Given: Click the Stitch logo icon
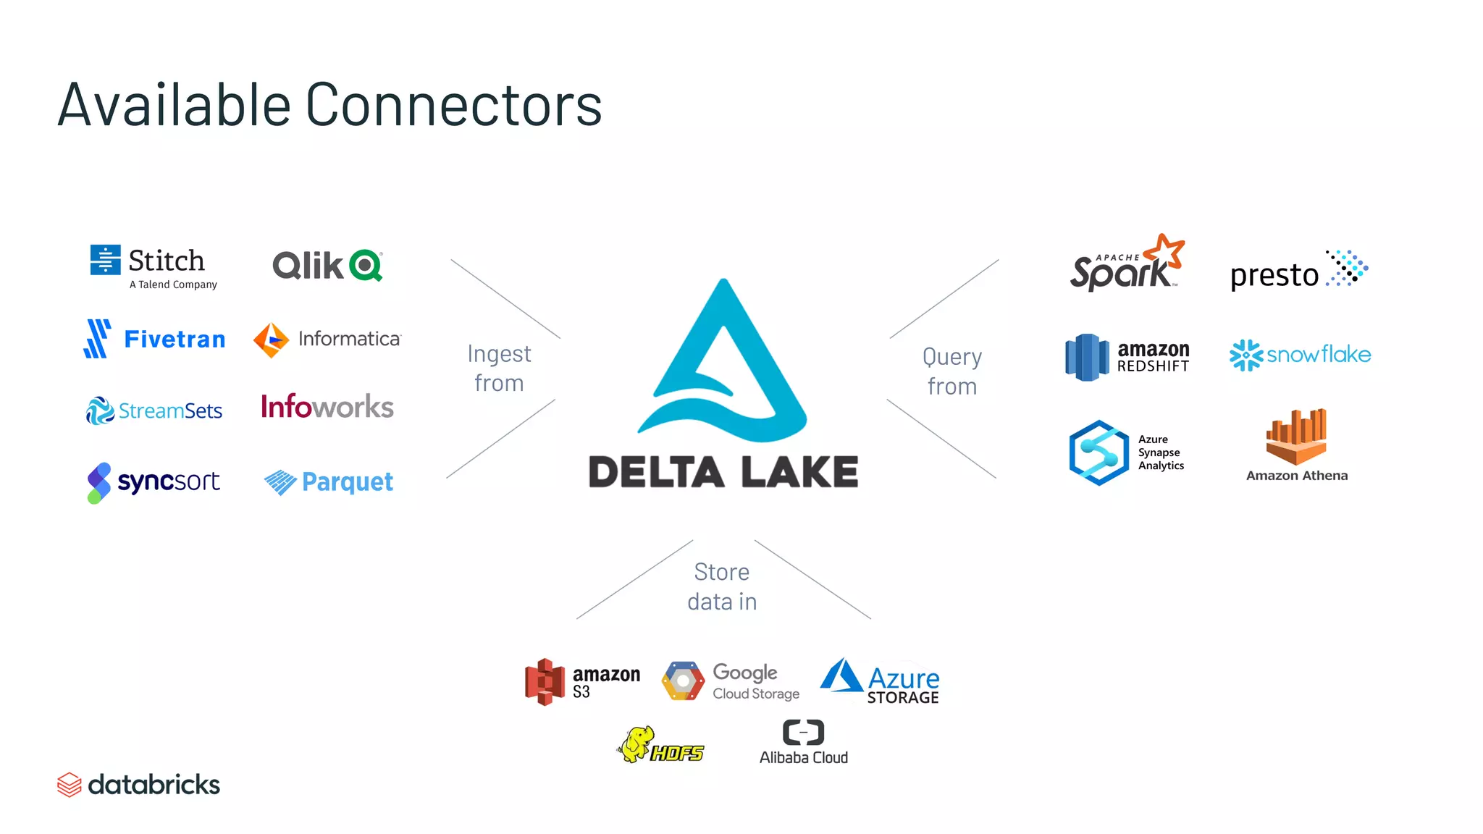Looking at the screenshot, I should pos(105,260).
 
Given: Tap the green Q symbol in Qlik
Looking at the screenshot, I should pos(366,266).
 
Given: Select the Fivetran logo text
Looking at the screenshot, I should pos(175,339).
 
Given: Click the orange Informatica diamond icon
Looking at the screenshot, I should pos(271,340).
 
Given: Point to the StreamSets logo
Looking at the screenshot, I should pos(154,410).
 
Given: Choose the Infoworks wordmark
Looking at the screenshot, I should pos(327,407).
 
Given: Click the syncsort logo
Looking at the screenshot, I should pos(154,482).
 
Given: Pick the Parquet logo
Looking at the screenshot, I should pos(329,482).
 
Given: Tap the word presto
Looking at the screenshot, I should pos(1274,275).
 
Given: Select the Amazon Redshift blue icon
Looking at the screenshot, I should pos(1086,357).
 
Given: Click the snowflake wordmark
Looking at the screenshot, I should pos(1318,355).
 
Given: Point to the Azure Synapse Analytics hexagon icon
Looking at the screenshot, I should pos(1098,452).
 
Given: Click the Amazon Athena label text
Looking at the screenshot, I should pos(1296,476).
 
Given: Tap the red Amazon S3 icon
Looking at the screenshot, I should pos(545,682).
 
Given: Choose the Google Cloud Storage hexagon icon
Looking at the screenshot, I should pos(683,681).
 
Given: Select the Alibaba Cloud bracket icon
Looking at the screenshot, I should pos(803,733).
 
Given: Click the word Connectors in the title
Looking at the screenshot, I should pos(453,105).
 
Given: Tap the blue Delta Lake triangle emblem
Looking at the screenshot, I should pos(723,362).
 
